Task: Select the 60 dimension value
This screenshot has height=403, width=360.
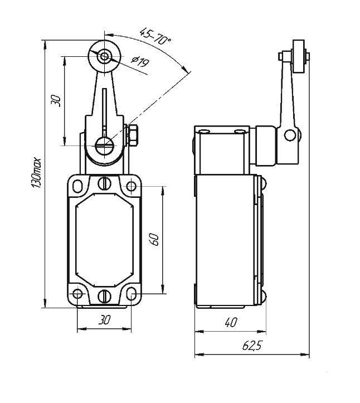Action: pyautogui.click(x=155, y=240)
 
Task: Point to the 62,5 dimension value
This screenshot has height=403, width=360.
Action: pyautogui.click(x=252, y=346)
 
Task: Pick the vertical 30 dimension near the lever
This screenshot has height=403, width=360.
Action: pyautogui.click(x=55, y=100)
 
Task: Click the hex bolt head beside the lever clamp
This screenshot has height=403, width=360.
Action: pyautogui.click(x=133, y=135)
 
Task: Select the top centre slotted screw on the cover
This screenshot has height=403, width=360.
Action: pyautogui.click(x=104, y=183)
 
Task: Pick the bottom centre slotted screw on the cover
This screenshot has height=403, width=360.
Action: pyautogui.click(x=104, y=295)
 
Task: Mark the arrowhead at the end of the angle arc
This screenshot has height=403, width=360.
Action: pyautogui.click(x=188, y=70)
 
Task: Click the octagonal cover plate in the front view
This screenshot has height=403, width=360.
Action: pyautogui.click(x=104, y=240)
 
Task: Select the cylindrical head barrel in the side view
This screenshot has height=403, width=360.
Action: pyautogui.click(x=266, y=146)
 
